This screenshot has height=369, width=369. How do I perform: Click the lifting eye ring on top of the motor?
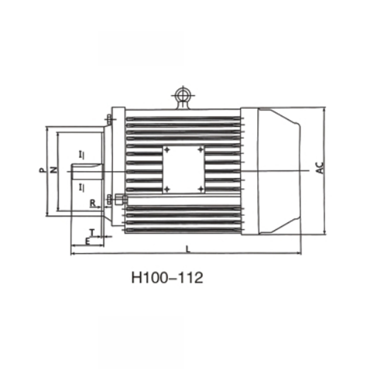tap(184, 95)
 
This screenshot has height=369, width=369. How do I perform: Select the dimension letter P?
tap(42, 170)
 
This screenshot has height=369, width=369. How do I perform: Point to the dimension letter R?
tap(92, 202)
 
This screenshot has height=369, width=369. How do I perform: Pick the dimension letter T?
tap(92, 232)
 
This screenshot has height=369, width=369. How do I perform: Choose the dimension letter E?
tap(87, 241)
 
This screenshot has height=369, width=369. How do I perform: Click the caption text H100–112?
tap(167, 278)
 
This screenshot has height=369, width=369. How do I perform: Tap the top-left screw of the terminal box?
tap(167, 150)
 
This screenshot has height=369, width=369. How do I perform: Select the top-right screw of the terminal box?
tap(200, 150)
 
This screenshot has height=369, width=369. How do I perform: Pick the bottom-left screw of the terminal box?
tap(167, 189)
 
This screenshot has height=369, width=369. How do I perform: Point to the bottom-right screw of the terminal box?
tap(200, 189)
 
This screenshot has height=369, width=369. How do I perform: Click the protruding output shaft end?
tap(85, 171)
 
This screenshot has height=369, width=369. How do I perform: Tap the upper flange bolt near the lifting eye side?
tap(108, 119)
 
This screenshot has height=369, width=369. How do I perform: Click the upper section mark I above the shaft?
tap(81, 154)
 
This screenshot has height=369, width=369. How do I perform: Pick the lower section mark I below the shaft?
tap(81, 187)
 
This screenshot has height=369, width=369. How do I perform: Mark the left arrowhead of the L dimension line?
tap(72, 253)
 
